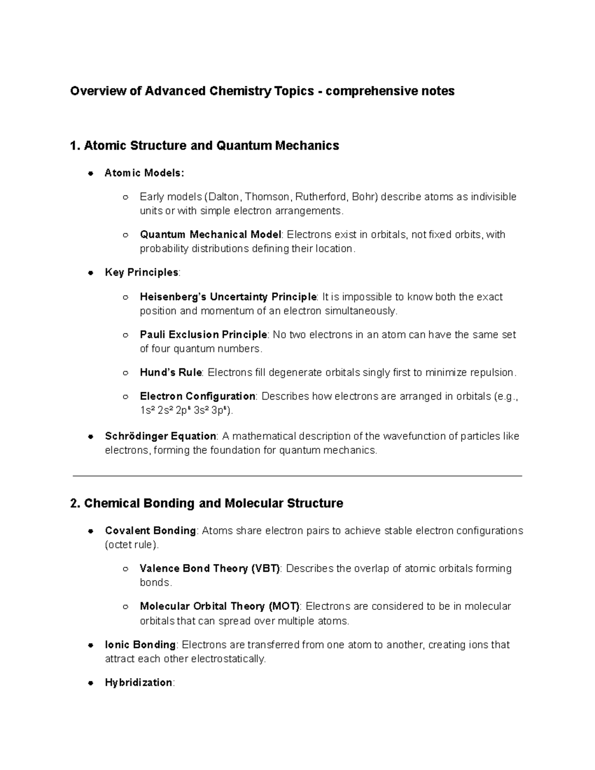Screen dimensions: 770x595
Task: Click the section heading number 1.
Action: [x=74, y=146]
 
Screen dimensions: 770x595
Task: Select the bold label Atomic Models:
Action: [x=144, y=173]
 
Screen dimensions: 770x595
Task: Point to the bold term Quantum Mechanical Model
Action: [x=210, y=235]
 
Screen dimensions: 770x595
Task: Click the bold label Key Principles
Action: [x=142, y=272]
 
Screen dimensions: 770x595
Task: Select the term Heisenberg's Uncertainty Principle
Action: [x=228, y=297]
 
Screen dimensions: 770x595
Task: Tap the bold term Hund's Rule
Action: [x=171, y=372]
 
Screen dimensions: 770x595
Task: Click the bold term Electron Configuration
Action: [x=197, y=396]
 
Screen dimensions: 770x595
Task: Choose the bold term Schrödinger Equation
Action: [x=160, y=436]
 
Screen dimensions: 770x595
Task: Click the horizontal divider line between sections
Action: [x=297, y=476]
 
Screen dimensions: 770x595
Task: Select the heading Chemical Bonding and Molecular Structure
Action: [x=213, y=504]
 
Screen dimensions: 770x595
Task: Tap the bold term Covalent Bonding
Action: [x=150, y=531]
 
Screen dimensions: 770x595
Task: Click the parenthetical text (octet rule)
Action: [x=132, y=545]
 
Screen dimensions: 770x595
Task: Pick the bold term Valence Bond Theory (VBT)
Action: [x=210, y=568]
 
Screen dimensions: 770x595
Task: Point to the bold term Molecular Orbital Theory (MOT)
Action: [x=220, y=606]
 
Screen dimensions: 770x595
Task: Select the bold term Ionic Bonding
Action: [x=140, y=645]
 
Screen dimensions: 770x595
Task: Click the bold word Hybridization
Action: [x=138, y=683]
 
